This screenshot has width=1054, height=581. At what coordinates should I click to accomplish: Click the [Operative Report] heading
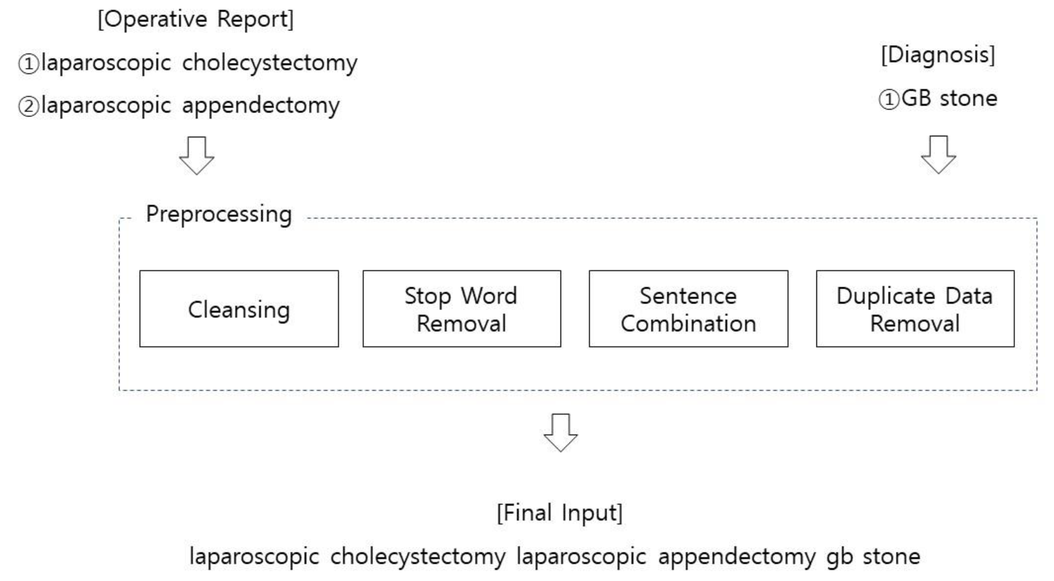pyautogui.click(x=196, y=19)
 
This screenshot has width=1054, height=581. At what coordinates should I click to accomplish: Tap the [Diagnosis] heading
pyautogui.click(x=938, y=55)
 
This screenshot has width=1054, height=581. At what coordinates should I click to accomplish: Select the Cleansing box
pyautogui.click(x=239, y=309)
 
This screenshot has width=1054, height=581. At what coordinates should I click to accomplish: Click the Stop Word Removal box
pyautogui.click(x=462, y=309)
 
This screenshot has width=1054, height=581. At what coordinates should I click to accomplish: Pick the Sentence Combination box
pyautogui.click(x=688, y=309)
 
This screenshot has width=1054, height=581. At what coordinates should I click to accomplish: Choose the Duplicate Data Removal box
pyautogui.click(x=915, y=309)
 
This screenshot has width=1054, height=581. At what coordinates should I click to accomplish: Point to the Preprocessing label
pyautogui.click(x=219, y=214)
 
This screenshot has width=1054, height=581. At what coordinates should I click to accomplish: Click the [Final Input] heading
pyautogui.click(x=559, y=513)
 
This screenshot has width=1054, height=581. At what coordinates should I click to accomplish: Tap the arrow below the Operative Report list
pyautogui.click(x=197, y=156)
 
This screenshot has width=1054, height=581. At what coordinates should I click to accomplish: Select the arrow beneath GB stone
pyautogui.click(x=938, y=155)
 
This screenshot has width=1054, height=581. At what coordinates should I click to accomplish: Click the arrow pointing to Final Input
pyautogui.click(x=561, y=432)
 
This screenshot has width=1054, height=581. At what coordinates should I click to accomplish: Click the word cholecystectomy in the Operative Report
pyautogui.click(x=270, y=64)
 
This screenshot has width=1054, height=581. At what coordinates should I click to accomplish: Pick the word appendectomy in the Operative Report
pyautogui.click(x=261, y=106)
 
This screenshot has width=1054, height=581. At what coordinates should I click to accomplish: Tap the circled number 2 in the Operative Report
pyautogui.click(x=29, y=107)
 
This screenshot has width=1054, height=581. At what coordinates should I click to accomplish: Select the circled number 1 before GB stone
pyautogui.click(x=889, y=100)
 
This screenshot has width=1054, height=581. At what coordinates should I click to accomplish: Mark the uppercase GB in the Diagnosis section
pyautogui.click(x=916, y=99)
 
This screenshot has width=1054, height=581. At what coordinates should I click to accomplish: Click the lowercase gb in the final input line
pyautogui.click(x=839, y=557)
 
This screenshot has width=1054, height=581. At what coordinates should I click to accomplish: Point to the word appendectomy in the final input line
pyautogui.click(x=736, y=557)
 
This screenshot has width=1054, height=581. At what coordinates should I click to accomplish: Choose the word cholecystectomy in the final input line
pyautogui.click(x=418, y=557)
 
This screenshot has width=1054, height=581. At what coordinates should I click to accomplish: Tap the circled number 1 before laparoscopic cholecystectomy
pyautogui.click(x=29, y=64)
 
